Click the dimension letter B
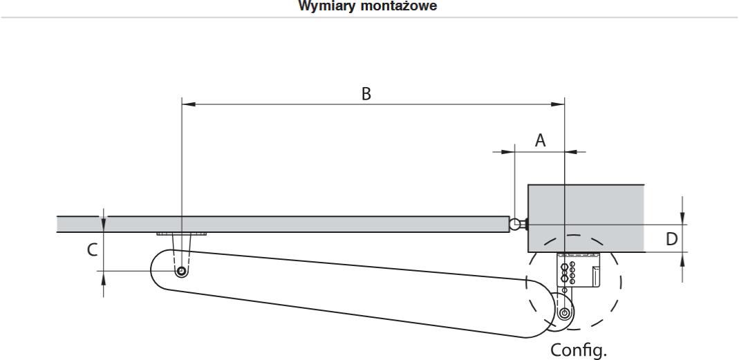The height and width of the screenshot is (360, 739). (x=366, y=94)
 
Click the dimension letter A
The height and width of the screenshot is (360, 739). (x=540, y=140)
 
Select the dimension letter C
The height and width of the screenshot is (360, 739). (x=93, y=249)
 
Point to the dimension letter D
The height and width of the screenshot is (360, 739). (x=672, y=239)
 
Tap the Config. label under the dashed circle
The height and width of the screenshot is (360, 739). (x=579, y=350)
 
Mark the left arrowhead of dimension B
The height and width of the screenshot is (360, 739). (x=188, y=104)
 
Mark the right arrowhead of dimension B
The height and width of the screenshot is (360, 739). (x=559, y=104)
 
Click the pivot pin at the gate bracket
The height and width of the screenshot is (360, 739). (x=181, y=272)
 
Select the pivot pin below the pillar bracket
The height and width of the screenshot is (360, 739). (x=564, y=313)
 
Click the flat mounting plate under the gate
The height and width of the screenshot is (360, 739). (x=181, y=234)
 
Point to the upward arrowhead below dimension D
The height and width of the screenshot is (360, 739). (x=683, y=258)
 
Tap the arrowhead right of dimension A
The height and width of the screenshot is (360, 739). (x=571, y=152)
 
